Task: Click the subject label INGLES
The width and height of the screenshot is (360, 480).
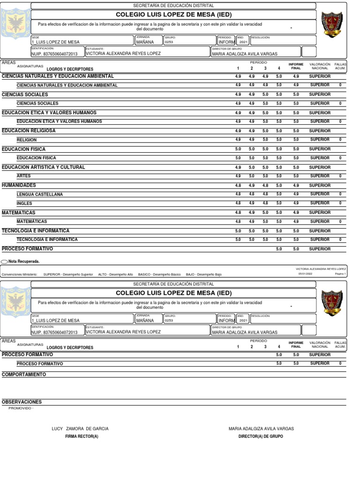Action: [x=24, y=203]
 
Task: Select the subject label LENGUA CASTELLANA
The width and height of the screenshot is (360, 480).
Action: [x=39, y=194]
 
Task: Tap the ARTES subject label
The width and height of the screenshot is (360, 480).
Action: [x=23, y=176]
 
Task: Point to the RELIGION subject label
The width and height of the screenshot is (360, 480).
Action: [x=26, y=140]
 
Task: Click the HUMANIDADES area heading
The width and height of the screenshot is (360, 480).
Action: [x=19, y=185]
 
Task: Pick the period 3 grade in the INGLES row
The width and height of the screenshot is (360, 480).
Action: [x=265, y=203]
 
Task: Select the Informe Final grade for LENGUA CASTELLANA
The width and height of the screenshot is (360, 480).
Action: [x=296, y=194]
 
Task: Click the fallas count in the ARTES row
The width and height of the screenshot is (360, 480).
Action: [x=340, y=176]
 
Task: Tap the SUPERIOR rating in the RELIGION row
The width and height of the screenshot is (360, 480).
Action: [x=320, y=140]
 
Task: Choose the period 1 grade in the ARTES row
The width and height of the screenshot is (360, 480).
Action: [x=238, y=176]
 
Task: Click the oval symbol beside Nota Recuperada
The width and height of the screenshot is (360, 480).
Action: [x=4, y=262]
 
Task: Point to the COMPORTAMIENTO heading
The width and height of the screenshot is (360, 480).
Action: [x=24, y=375]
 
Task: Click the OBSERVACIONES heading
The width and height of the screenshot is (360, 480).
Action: [x=22, y=402]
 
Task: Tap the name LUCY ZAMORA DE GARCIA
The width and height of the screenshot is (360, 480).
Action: [x=80, y=429]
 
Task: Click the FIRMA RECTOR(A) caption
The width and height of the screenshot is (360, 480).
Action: [x=82, y=436]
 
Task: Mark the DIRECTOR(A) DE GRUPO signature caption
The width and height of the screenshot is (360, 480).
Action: [x=261, y=436]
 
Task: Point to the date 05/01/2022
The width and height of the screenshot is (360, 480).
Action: [x=305, y=274]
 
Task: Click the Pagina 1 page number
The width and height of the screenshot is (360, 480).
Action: [x=340, y=274]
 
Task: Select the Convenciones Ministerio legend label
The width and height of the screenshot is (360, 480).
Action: [x=20, y=274]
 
